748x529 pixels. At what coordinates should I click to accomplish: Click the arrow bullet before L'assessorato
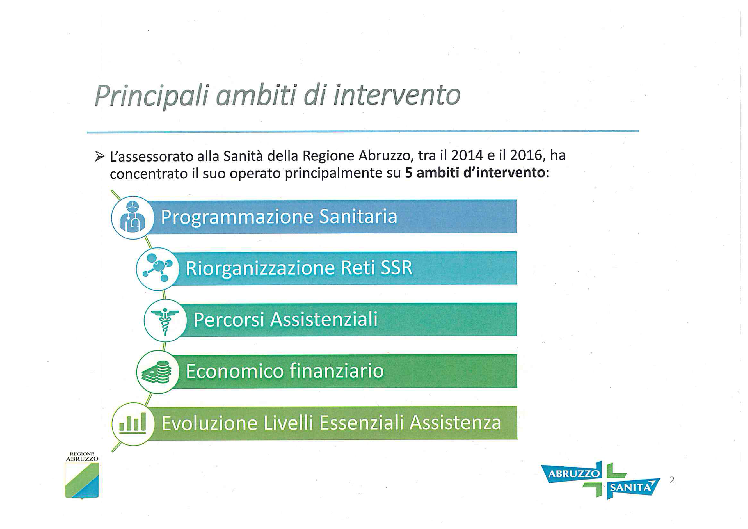click(99, 157)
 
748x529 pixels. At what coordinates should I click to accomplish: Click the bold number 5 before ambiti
click(409, 173)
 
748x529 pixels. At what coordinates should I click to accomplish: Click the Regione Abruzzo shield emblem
click(82, 480)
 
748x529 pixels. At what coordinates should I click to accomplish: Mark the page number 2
click(672, 480)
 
